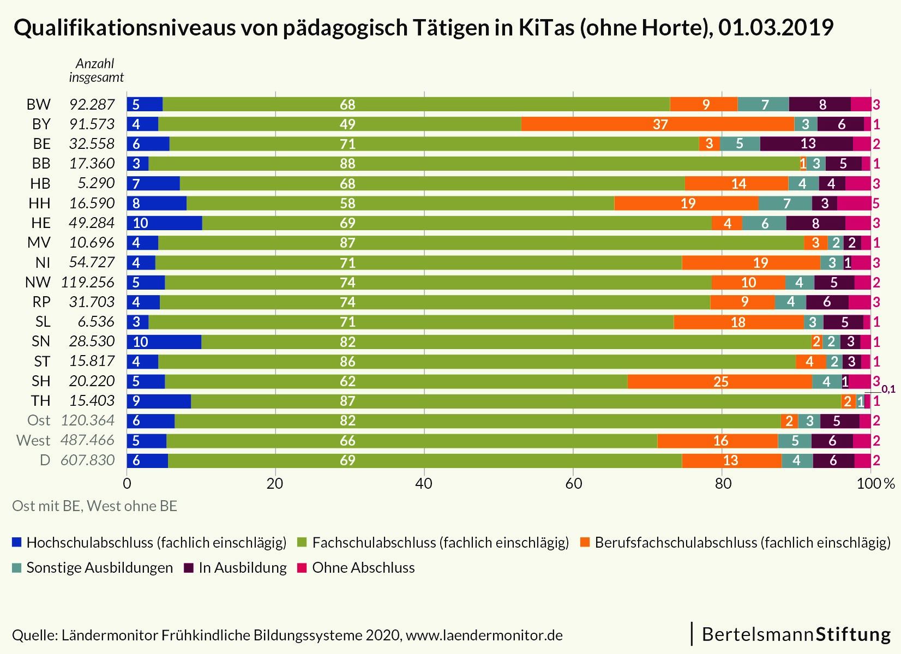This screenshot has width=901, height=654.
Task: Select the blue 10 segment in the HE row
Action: (x=164, y=223)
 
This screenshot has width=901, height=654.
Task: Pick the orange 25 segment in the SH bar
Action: (x=719, y=381)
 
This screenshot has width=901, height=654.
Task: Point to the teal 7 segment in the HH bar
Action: (x=785, y=203)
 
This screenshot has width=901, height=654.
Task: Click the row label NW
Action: (x=38, y=283)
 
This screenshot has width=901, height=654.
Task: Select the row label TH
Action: (x=40, y=401)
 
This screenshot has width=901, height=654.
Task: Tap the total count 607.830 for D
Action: (x=87, y=460)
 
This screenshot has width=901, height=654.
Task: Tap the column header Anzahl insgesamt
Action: (x=96, y=70)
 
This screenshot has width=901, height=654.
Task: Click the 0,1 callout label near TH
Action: (x=888, y=389)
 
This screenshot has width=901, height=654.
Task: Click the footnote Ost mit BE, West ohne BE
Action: (x=94, y=506)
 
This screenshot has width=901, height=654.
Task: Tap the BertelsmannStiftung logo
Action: (x=796, y=634)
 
